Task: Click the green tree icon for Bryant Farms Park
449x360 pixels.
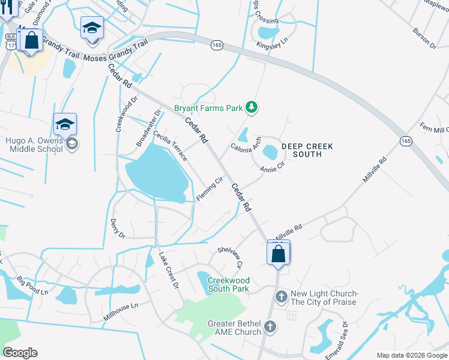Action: coord(252,108)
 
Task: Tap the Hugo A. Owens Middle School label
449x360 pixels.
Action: coord(34,145)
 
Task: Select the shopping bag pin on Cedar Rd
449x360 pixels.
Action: coord(279,253)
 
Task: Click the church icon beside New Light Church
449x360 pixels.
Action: coord(282,296)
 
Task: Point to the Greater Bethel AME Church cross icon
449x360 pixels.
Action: coord(270,327)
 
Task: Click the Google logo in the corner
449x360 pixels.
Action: coord(20,353)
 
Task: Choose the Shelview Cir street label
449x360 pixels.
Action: coord(231,256)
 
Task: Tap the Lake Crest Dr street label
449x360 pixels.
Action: coord(169,269)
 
